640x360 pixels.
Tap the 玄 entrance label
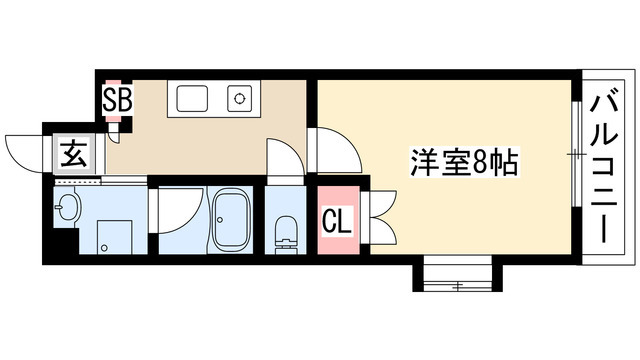(x=74, y=155)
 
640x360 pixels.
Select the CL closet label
(x=336, y=221)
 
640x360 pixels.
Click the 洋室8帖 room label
(x=463, y=161)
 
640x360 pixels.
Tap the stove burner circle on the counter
(x=240, y=98)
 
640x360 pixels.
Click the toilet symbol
(x=287, y=230)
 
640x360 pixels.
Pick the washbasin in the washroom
(x=69, y=209)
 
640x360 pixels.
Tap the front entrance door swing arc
(x=24, y=149)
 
